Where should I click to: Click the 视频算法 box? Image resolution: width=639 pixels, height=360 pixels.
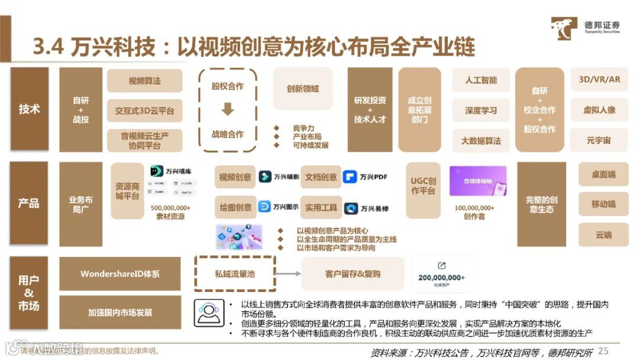(144, 81)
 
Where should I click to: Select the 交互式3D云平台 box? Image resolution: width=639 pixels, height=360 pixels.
(144, 111)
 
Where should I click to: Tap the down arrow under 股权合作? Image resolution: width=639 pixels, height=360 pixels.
(227, 110)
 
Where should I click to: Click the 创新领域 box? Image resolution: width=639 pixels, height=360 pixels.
(302, 88)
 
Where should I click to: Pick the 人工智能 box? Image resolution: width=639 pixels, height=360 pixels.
(480, 80)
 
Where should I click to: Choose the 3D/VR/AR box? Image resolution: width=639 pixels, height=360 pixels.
(599, 79)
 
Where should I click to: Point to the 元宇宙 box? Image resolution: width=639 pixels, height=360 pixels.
(599, 141)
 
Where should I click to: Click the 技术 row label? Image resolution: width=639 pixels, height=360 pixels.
(29, 110)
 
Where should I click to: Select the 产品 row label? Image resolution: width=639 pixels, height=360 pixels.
(29, 203)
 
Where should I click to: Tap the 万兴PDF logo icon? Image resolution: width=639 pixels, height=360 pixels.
(350, 176)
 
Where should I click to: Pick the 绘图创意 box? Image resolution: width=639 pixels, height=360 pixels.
(235, 207)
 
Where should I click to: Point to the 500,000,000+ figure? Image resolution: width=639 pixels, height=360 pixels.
(170, 208)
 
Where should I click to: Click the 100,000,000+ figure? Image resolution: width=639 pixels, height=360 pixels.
(475, 208)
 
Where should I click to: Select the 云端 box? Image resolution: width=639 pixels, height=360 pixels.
(603, 234)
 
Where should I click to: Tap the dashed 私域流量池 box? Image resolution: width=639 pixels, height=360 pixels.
(235, 274)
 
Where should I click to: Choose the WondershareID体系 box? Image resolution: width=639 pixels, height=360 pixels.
(120, 274)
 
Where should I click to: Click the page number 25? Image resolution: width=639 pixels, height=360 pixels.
(603, 351)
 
